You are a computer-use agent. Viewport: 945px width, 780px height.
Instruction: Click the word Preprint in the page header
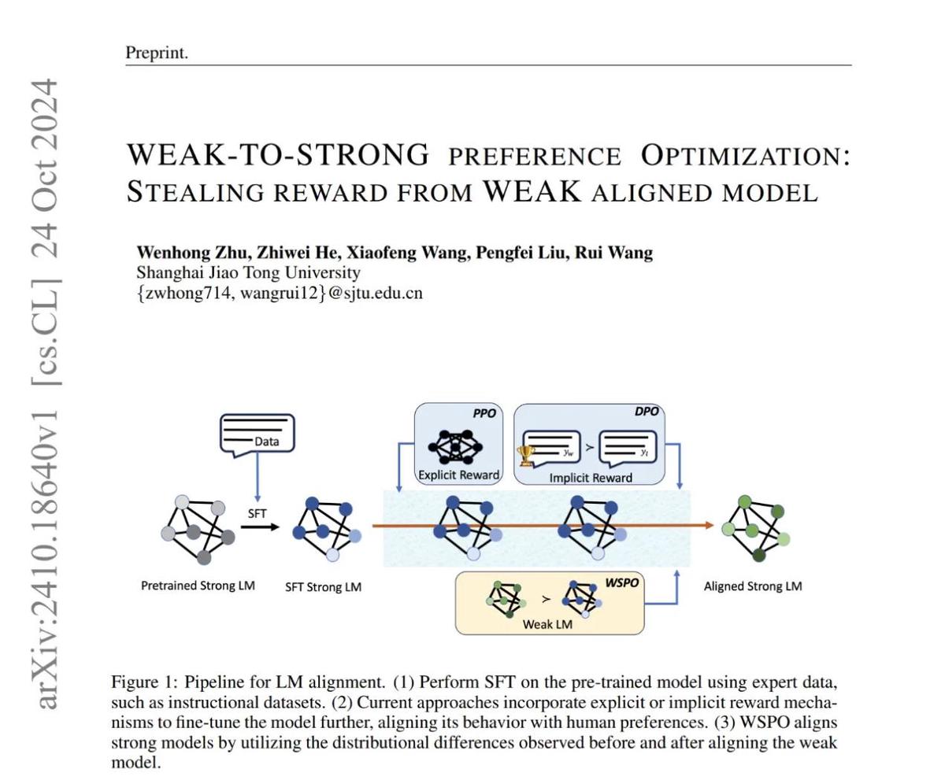[x=157, y=54]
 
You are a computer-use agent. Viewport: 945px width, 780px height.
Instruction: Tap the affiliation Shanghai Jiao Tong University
[x=248, y=273]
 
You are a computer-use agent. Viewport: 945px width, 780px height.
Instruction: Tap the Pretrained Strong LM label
[x=198, y=586]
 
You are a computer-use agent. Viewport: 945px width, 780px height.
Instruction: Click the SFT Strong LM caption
[x=323, y=587]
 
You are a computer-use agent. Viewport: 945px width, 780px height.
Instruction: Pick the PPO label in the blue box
[x=484, y=413]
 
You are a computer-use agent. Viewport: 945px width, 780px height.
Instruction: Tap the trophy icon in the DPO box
[x=525, y=455]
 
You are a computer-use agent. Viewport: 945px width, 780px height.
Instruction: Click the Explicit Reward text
[x=458, y=475]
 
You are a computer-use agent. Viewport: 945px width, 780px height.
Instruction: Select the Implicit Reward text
[x=590, y=477]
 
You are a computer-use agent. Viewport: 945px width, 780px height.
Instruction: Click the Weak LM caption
[x=547, y=625]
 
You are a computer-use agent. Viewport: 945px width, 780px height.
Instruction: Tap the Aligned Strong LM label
[x=753, y=586]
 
